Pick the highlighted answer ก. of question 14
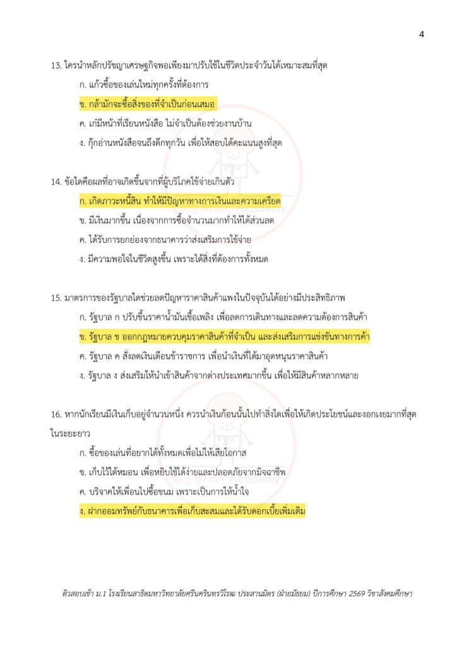180,201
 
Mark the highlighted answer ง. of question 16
193,512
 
